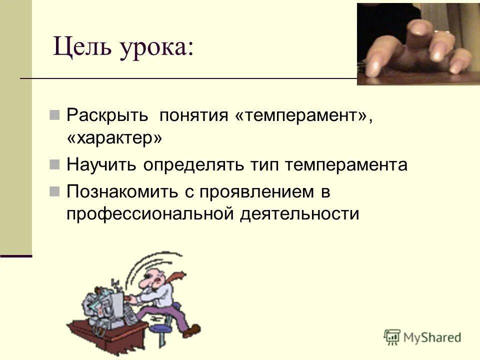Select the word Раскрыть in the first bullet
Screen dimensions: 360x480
click(107, 116)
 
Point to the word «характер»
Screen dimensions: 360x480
click(114, 139)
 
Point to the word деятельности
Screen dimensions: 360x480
click(299, 213)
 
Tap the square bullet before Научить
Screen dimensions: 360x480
click(55, 164)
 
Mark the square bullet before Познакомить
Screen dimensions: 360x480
click(55, 190)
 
